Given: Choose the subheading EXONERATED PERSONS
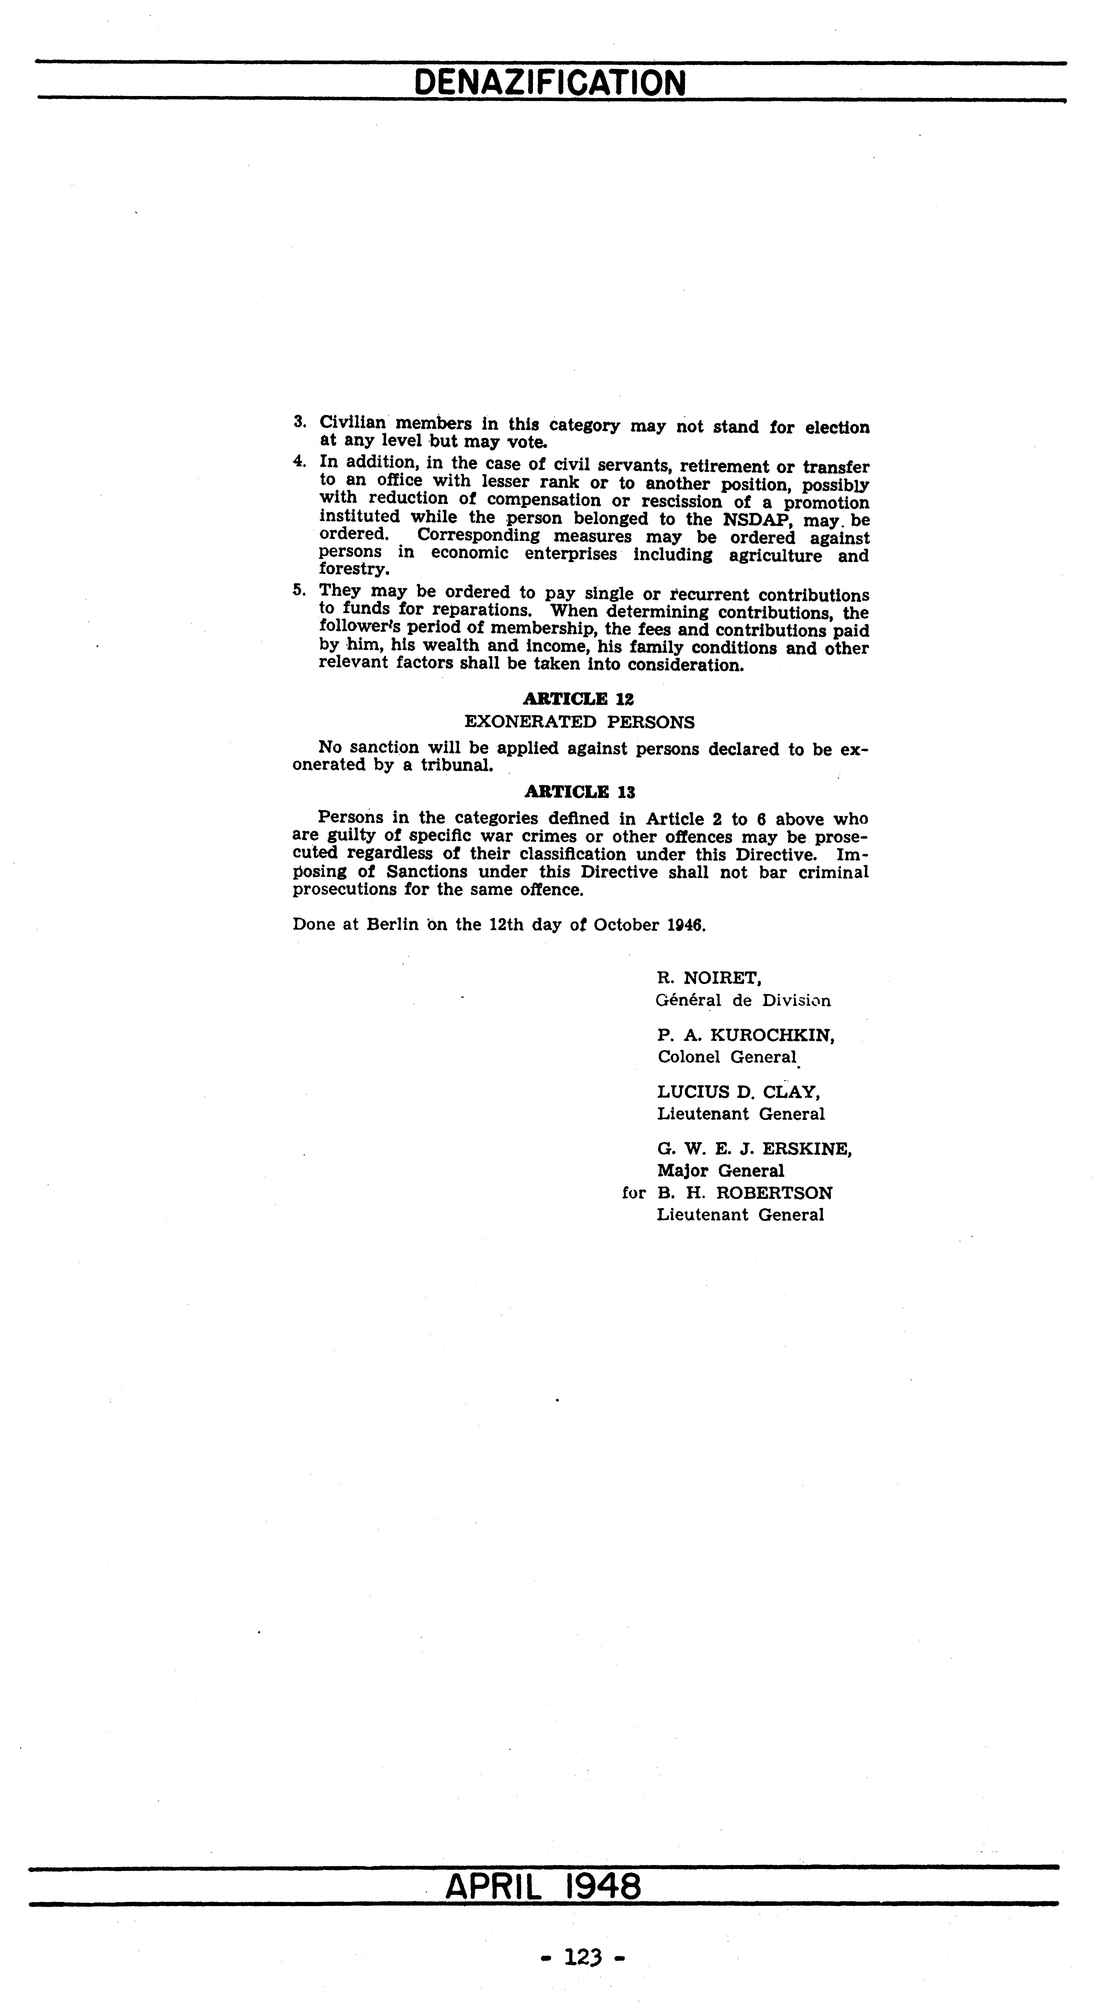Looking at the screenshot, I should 579,722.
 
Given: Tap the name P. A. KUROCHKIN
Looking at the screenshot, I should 746,1036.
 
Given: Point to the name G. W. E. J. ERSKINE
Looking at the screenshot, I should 754,1150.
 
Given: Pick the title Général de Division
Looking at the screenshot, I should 743,1001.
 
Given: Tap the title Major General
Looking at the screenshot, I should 720,1171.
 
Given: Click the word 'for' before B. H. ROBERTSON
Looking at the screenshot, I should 634,1193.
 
